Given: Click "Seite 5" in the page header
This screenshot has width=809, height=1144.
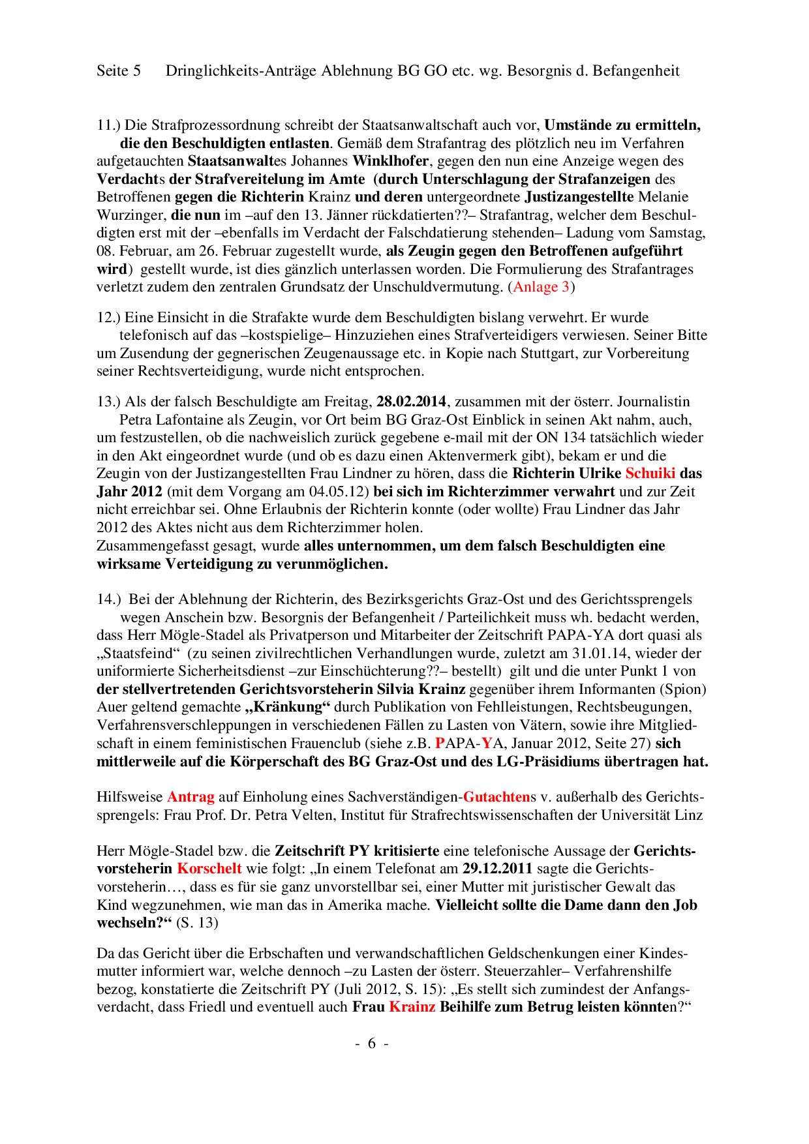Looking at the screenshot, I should tap(118, 70).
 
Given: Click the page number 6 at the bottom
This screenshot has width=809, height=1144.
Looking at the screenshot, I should tap(371, 1043).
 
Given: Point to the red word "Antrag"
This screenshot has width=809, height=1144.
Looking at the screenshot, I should tap(191, 796).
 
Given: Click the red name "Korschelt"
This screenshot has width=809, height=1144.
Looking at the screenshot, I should tap(209, 868).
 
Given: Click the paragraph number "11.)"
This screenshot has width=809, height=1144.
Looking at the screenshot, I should tap(108, 124).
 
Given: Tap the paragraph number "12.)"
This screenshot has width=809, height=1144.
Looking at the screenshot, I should tap(108, 317).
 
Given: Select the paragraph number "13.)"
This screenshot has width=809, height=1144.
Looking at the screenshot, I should tap(108, 400).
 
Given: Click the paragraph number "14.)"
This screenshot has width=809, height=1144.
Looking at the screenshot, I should tap(108, 598).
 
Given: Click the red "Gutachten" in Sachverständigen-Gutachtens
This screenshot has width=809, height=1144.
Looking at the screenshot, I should tap(496, 796).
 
